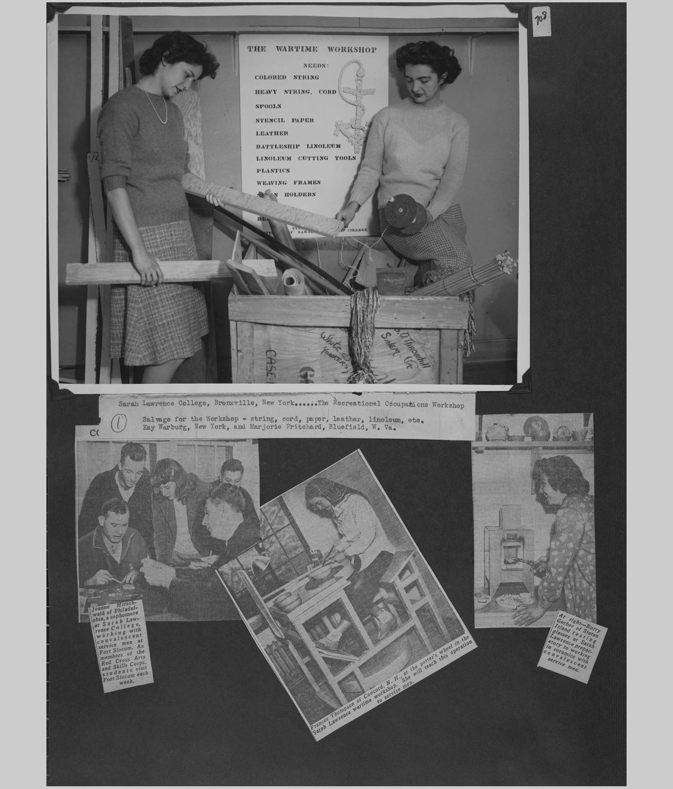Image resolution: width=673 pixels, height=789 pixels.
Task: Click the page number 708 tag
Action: (x=541, y=21)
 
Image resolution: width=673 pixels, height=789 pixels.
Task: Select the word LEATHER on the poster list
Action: (x=272, y=133)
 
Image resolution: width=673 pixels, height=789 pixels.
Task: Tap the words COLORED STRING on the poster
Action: (x=286, y=78)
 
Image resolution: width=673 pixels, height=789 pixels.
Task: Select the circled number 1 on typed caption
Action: (x=119, y=422)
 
